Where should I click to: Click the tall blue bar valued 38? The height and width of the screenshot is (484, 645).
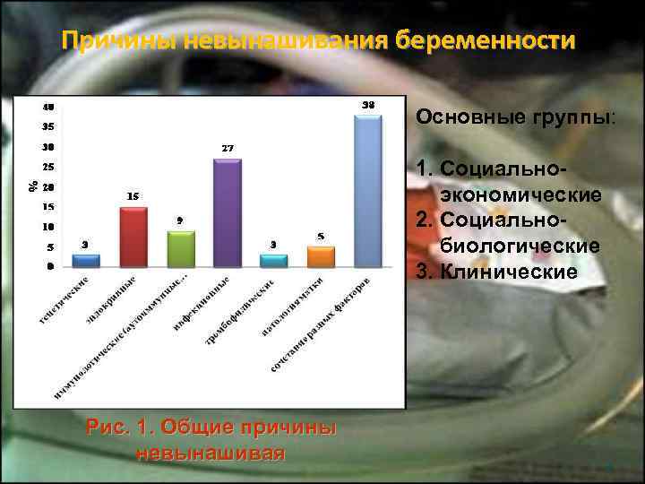[x=368, y=190]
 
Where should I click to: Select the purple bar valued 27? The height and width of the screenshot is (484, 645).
[x=228, y=212]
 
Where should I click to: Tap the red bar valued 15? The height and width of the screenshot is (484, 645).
[x=133, y=237]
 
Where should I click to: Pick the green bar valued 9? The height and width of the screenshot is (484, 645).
[x=181, y=248]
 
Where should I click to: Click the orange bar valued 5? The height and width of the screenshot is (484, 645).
[x=321, y=256]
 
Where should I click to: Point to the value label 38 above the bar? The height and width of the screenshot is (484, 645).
[x=368, y=105]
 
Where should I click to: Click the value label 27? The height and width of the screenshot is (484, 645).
[x=228, y=147]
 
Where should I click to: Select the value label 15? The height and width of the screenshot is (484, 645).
[x=132, y=195]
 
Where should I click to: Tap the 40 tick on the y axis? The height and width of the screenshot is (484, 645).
[x=48, y=106]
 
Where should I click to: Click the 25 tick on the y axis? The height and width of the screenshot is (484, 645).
[x=48, y=167]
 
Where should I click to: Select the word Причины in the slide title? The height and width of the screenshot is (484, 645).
[x=116, y=41]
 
